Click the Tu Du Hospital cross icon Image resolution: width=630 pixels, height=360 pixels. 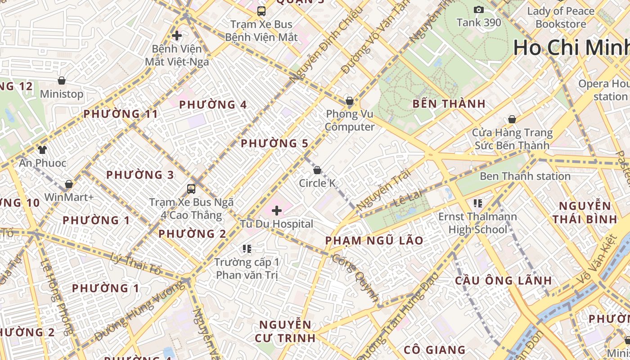[x=277, y=210]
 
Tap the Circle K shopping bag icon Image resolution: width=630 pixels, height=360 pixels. [x=317, y=170]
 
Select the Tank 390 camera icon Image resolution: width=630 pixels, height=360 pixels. [x=479, y=9]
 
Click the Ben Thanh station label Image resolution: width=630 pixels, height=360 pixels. [x=525, y=176]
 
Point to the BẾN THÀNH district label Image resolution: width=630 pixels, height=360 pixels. [x=449, y=104]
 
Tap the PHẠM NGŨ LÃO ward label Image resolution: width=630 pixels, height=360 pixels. [x=374, y=241]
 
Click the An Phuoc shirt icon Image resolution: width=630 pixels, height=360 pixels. [x=42, y=149]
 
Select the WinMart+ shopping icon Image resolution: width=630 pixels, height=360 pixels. [x=69, y=184]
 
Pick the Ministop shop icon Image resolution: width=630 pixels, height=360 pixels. [x=62, y=81]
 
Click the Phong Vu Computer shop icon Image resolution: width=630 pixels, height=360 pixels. [x=349, y=101]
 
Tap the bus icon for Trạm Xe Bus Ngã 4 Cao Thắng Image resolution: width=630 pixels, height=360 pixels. [x=191, y=189]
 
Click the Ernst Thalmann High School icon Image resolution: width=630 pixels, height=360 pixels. [x=477, y=203]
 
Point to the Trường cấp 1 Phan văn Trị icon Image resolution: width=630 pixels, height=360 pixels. [x=247, y=248]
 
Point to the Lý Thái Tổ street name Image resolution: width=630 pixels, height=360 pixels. [x=135, y=264]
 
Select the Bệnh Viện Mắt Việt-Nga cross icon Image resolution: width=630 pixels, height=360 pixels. [x=177, y=36]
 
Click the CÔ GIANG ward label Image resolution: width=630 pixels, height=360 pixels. [x=434, y=350]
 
